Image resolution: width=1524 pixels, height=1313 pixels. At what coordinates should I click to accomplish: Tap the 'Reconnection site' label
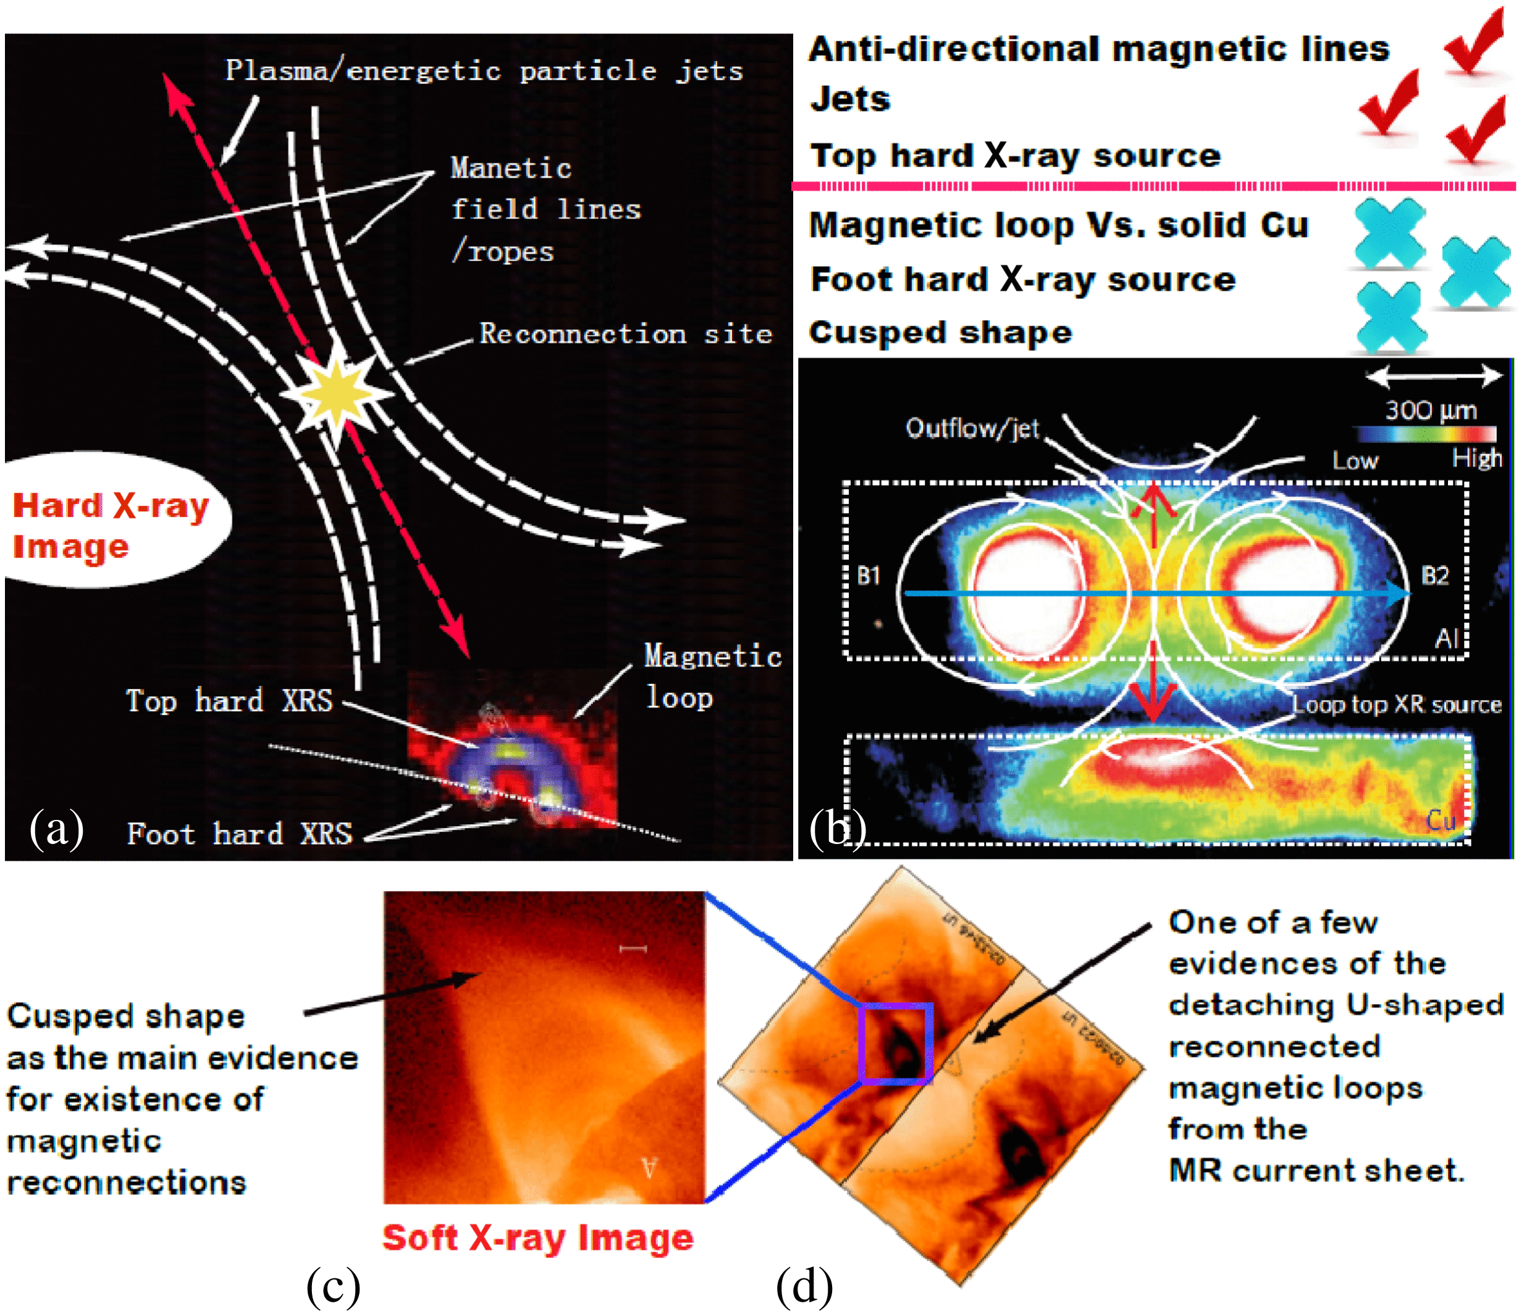625,334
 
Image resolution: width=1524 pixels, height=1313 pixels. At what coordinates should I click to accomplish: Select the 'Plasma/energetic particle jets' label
484,70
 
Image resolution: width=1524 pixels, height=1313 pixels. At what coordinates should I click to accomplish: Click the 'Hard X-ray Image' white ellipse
111,524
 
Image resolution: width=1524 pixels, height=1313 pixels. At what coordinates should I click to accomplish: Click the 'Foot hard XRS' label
240,834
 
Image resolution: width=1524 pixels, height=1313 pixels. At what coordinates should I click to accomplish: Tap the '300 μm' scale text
1431,410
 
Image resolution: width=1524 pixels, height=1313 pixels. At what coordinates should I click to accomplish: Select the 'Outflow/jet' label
972,428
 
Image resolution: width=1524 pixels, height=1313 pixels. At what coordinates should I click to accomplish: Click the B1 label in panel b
869,575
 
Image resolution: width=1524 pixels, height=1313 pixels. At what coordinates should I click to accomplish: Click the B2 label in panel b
1434,575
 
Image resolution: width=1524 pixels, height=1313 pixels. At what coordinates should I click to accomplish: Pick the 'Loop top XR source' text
1396,704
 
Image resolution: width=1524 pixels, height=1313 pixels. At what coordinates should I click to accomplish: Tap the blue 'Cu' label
1440,820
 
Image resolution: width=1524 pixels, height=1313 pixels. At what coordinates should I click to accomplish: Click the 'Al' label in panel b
1447,638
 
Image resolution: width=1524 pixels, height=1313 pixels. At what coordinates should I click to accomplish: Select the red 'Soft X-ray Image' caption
537,1238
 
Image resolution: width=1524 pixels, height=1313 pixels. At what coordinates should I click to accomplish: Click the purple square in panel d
896,1043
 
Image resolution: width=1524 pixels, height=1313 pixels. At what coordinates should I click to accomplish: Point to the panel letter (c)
333,1286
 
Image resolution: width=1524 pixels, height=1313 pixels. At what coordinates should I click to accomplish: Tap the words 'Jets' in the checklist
850,99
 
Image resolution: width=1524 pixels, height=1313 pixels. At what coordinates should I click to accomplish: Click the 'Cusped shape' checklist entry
940,332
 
